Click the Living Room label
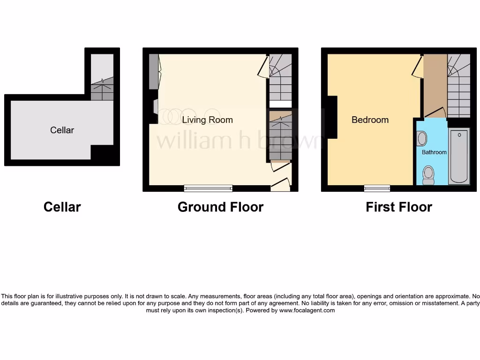click(207, 120)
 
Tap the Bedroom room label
click(370, 120)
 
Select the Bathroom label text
click(434, 152)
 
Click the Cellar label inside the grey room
click(62, 130)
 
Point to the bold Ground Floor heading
click(220, 207)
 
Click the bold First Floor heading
click(399, 207)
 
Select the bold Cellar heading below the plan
click(62, 207)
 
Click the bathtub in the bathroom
click(459, 156)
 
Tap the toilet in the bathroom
click(428, 175)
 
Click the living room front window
click(208, 188)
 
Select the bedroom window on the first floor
click(377, 188)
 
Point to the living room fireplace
click(155, 107)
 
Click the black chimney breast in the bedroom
click(332, 117)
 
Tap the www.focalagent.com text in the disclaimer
click(307, 310)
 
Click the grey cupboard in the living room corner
click(153, 72)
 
